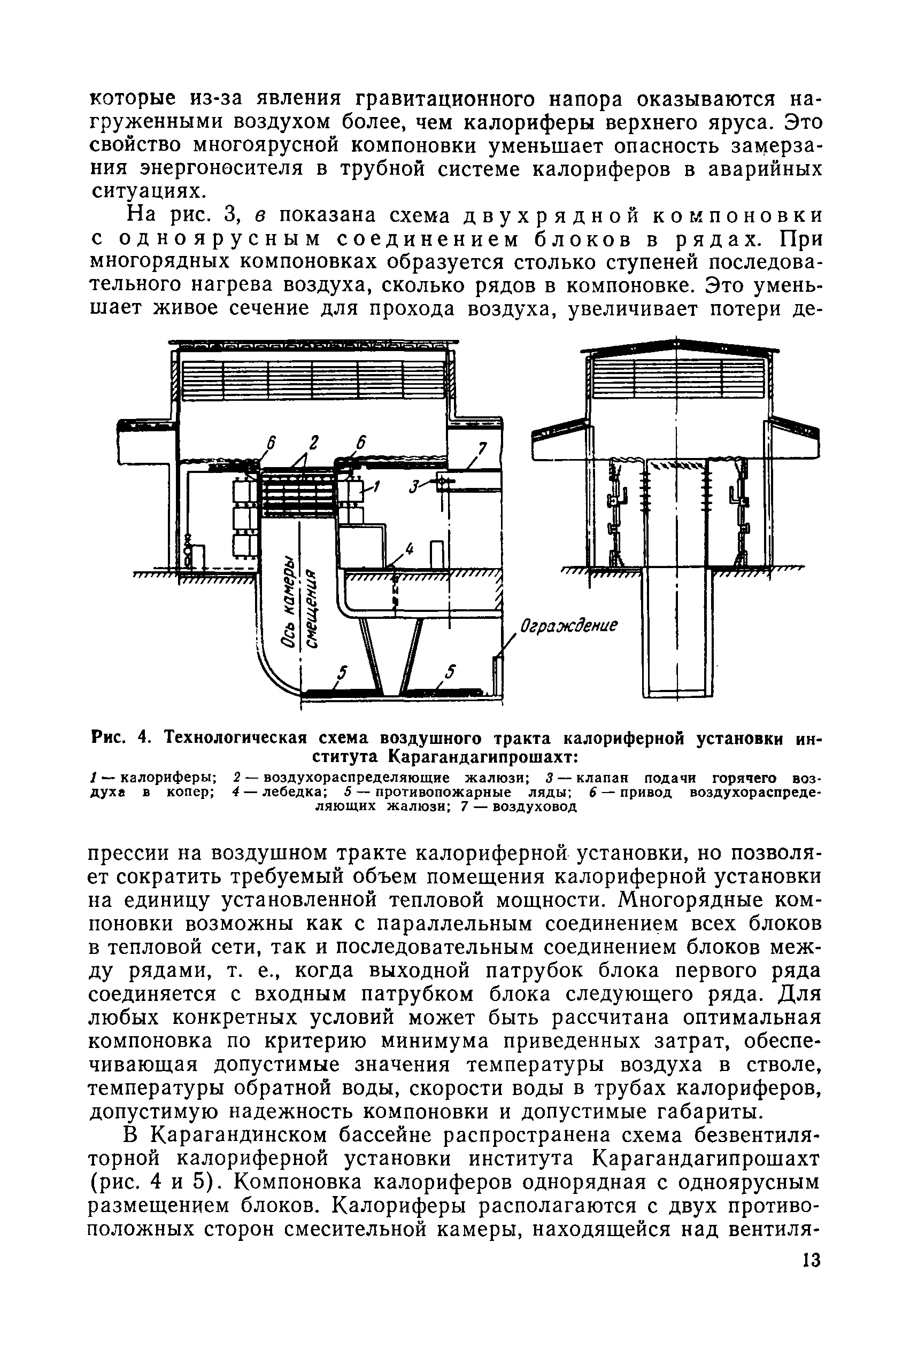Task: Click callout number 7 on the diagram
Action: pos(482,447)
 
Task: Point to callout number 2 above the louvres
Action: pos(314,442)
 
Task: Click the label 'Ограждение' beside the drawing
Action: pos(568,626)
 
